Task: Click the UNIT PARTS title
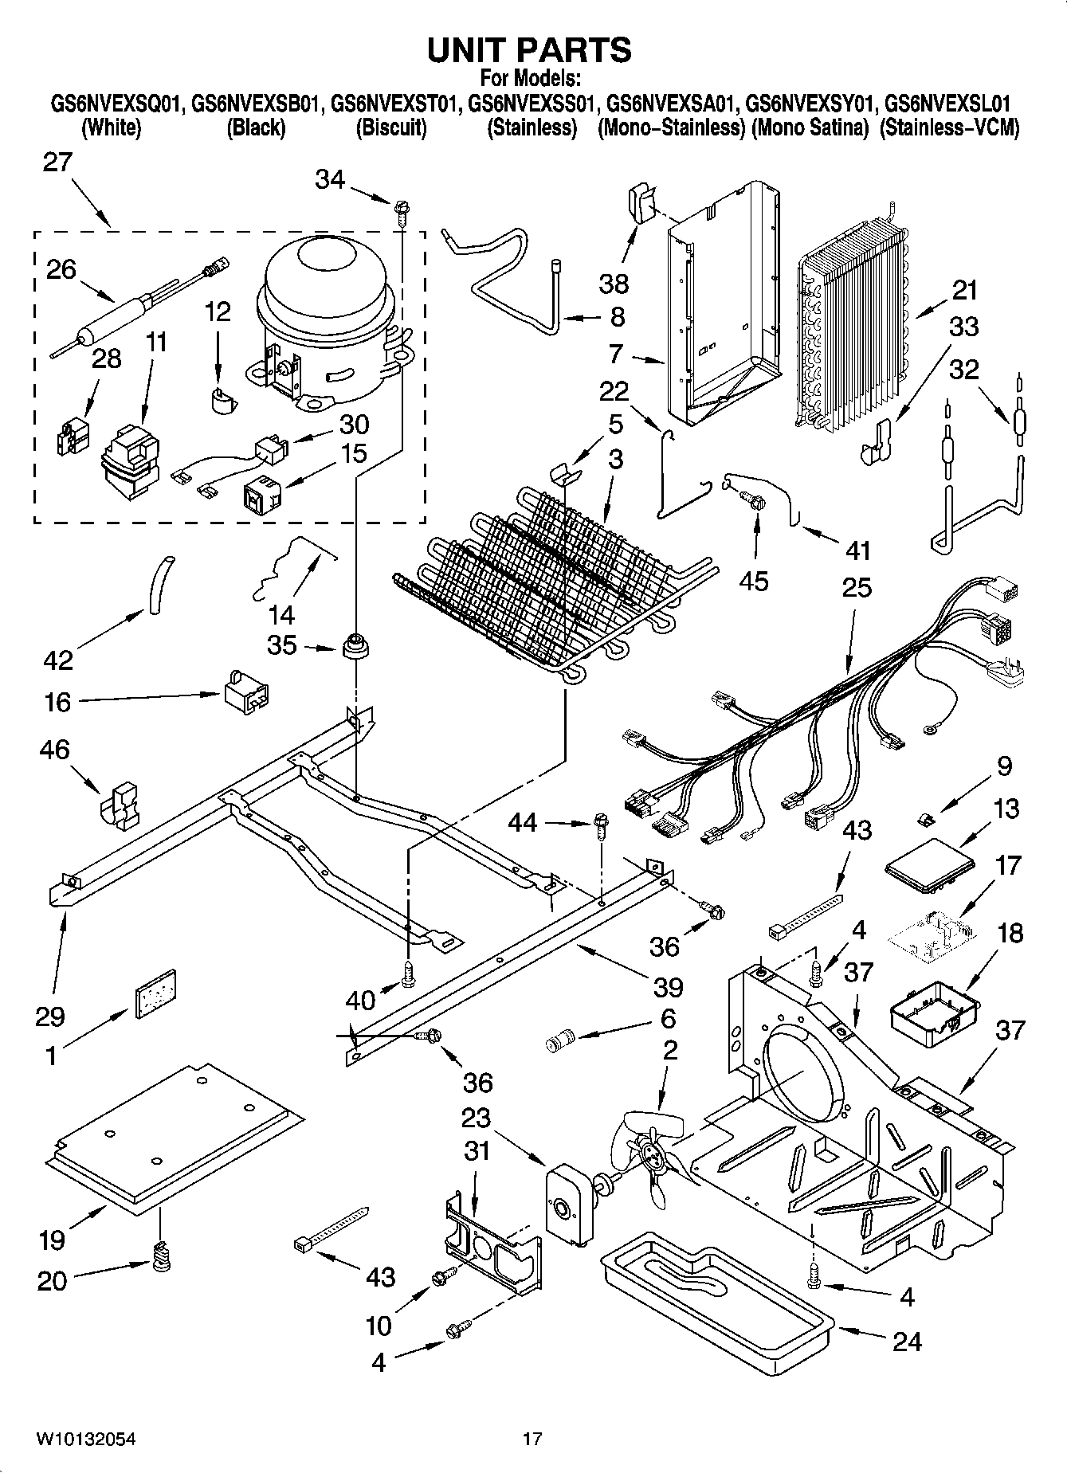529,49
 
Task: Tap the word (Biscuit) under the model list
390,127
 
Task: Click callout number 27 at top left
57,163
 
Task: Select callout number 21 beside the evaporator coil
964,290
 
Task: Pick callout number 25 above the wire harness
857,588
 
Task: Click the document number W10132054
85,1439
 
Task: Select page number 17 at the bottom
532,1439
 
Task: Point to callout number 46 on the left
53,750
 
